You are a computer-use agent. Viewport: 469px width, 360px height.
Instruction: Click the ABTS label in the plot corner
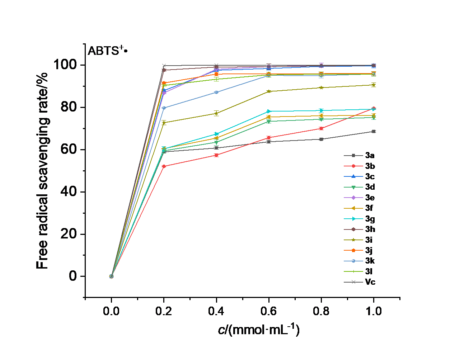[107, 51]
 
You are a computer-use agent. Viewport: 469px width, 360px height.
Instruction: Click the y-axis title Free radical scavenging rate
[42, 171]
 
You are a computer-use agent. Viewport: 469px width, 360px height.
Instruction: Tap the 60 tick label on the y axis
[69, 149]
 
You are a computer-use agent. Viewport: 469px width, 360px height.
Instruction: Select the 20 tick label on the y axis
[69, 234]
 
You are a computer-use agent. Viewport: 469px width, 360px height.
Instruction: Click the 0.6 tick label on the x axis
[268, 311]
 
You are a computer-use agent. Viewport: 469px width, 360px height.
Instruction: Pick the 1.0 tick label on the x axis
[374, 311]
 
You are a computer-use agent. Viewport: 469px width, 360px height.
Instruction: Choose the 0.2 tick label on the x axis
[164, 311]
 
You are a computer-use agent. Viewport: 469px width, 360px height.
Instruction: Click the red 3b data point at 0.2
[164, 166]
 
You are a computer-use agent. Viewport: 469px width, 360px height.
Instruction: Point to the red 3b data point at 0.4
[216, 155]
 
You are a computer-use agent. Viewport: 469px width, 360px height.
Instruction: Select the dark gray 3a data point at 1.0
[374, 132]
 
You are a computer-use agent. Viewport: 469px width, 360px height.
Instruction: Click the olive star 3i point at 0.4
[216, 113]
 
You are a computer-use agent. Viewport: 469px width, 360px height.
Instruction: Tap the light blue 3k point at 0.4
[216, 92]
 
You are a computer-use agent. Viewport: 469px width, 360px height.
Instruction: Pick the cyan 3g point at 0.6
[269, 111]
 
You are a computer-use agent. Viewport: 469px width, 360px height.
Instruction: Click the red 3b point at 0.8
[321, 128]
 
